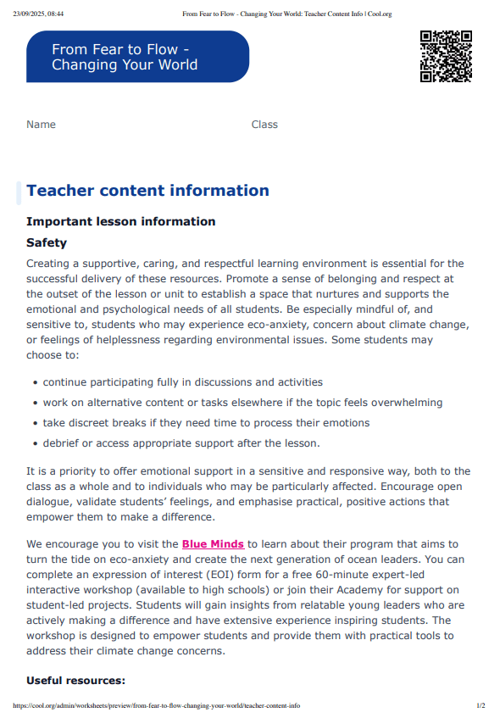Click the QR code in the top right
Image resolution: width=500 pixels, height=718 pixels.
446,56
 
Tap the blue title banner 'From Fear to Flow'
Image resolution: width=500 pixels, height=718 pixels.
137,57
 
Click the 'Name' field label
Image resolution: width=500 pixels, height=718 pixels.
41,125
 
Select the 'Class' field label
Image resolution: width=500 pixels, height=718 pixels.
264,125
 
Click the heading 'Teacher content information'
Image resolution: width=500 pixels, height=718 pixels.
147,191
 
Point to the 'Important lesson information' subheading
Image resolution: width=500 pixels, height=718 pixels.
121,221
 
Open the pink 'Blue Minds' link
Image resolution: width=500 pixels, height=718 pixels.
213,543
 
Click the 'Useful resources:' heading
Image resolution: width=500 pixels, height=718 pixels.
75,681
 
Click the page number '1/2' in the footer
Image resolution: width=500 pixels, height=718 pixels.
481,705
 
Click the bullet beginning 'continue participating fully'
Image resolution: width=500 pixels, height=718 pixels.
182,382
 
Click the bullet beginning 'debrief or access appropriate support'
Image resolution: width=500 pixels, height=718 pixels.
181,442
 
